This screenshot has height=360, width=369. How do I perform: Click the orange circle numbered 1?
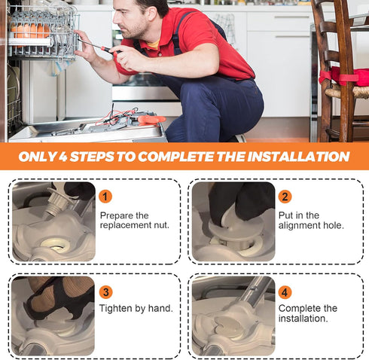pyautogui.click(x=105, y=197)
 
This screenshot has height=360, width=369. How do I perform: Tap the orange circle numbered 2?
pyautogui.click(x=285, y=197)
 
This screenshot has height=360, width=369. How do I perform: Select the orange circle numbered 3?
pyautogui.click(x=106, y=292)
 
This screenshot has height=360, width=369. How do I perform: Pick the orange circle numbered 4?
pyautogui.click(x=285, y=292)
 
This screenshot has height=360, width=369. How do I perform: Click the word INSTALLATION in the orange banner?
pyautogui.click(x=298, y=157)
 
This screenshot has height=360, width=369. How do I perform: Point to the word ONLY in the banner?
pyautogui.click(x=37, y=157)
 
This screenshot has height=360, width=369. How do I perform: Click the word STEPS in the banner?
pyautogui.click(x=92, y=157)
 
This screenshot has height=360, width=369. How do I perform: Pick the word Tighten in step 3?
pyautogui.click(x=116, y=308)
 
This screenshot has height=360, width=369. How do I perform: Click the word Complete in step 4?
pyautogui.click(x=295, y=308)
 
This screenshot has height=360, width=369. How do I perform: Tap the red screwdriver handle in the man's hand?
pyautogui.click(x=111, y=50)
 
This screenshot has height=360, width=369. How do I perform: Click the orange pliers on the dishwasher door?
pyautogui.click(x=151, y=120)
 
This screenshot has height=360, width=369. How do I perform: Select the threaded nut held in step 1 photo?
pyautogui.click(x=57, y=202)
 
